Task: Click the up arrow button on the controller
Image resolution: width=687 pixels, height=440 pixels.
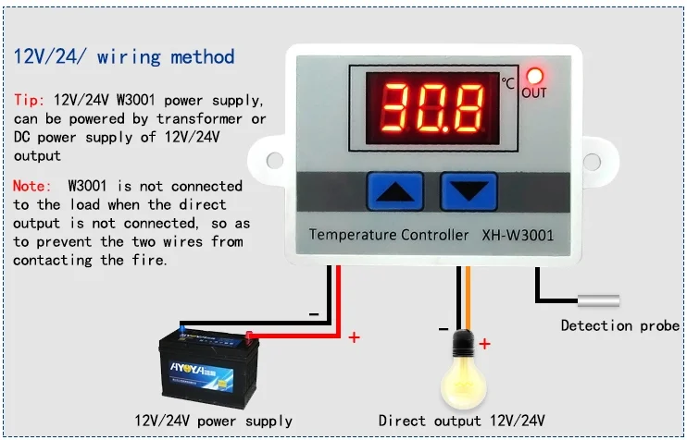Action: pos(394,192)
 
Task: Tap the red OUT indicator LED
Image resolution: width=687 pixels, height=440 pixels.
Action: pos(534,76)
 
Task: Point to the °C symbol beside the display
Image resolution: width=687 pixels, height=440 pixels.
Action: pos(508,82)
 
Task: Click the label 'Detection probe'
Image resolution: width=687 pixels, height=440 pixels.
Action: pos(620,325)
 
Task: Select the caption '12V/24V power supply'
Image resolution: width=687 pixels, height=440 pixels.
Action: pos(214,422)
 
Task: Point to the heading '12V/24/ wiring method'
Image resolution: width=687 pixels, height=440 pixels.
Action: pos(124,56)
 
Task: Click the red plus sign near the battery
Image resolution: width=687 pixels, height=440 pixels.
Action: pos(353,337)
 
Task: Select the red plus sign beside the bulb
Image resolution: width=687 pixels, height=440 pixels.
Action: pos(483,344)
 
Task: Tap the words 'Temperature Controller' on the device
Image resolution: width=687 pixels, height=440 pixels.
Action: pos(388,235)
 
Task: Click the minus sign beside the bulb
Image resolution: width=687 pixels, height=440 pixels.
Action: pos(443,328)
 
